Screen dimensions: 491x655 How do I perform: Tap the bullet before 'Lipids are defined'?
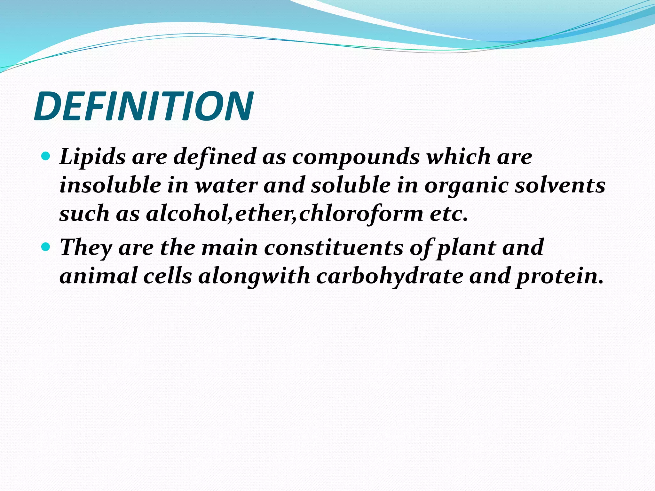click(x=46, y=156)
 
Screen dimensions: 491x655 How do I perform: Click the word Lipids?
click(x=92, y=157)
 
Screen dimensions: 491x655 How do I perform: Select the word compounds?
click(x=356, y=157)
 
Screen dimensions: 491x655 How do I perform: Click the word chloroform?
click(x=361, y=214)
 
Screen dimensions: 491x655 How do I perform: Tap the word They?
click(x=86, y=248)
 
